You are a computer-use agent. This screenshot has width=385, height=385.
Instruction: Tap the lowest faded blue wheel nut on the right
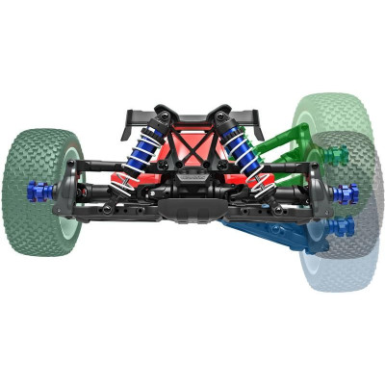[339, 228]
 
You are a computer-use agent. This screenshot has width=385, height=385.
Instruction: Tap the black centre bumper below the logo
[192, 207]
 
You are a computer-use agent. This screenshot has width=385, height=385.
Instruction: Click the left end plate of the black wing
[127, 119]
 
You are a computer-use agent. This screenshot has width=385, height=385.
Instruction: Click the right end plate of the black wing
[259, 119]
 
